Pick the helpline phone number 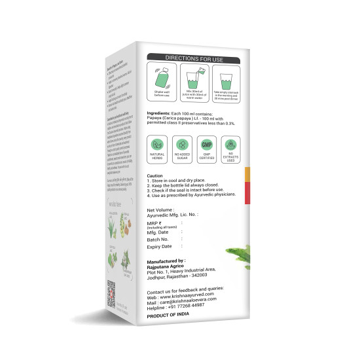(x=197, y=304)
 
